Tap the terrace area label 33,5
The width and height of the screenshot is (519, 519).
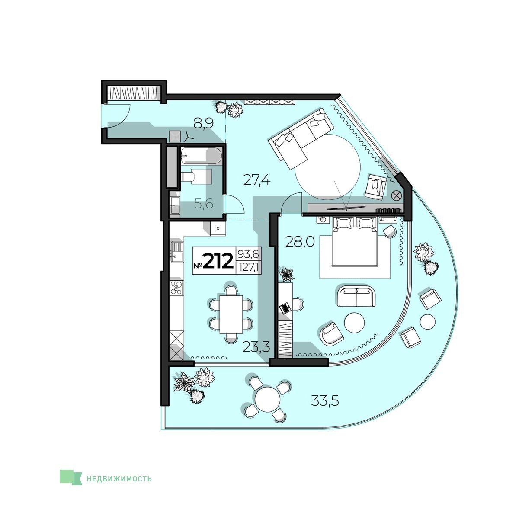pyautogui.click(x=324, y=400)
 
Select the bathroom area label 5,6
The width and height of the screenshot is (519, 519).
pyautogui.click(x=204, y=204)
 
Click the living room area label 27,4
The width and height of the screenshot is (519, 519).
pyautogui.click(x=256, y=179)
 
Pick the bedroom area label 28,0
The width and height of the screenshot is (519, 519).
pyautogui.click(x=300, y=242)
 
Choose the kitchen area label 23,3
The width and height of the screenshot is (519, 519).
pyautogui.click(x=256, y=346)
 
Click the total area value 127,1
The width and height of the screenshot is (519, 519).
pyautogui.click(x=248, y=267)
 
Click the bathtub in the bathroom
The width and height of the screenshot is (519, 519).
pyautogui.click(x=201, y=155)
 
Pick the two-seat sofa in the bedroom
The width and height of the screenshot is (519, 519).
pyautogui.click(x=356, y=296)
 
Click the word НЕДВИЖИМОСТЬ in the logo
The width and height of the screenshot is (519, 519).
pyautogui.click(x=119, y=479)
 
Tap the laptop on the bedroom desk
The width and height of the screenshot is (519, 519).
pyautogui.click(x=284, y=308)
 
